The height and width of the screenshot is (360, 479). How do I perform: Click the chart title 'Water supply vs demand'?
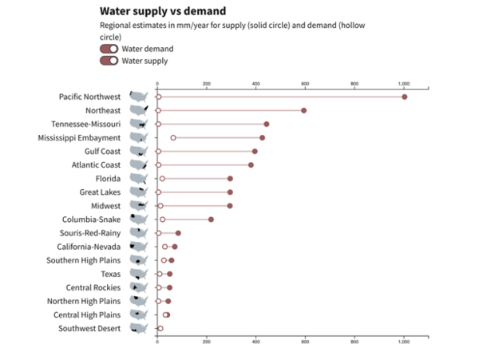(x=162, y=11)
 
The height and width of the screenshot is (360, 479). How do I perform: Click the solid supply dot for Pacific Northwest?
(x=405, y=97)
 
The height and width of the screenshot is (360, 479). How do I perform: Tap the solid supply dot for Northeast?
(x=304, y=110)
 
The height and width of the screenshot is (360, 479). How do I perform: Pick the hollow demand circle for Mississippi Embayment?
(x=173, y=138)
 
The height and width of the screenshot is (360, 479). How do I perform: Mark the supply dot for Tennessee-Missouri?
(x=267, y=124)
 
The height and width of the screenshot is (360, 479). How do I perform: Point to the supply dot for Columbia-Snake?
(x=212, y=220)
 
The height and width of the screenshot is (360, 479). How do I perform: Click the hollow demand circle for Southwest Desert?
(x=160, y=328)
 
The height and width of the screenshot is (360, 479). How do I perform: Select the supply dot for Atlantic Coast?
(x=251, y=165)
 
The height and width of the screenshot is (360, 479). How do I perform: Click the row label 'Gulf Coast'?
(x=103, y=151)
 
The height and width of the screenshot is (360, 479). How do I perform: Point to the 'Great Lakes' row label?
(x=100, y=192)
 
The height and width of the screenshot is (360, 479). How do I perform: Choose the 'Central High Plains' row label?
(x=87, y=315)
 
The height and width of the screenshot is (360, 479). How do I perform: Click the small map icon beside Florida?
(x=139, y=179)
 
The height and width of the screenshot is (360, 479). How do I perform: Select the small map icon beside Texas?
(x=139, y=274)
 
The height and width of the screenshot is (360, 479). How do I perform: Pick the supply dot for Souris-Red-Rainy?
(x=178, y=233)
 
